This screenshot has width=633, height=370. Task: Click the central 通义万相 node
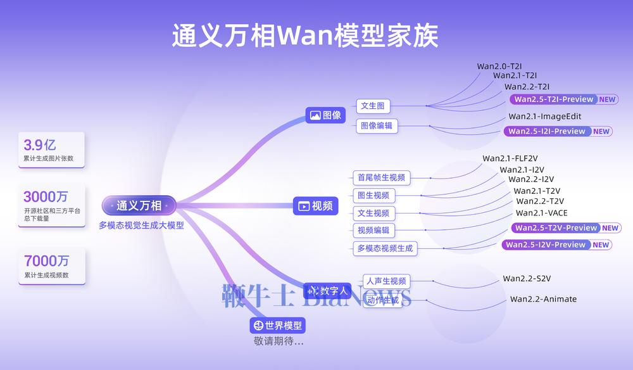click(139, 205)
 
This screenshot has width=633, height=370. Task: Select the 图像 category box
click(326, 115)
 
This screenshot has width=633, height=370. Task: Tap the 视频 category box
click(315, 206)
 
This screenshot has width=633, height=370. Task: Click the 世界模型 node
click(278, 326)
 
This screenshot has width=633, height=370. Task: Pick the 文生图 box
click(373, 106)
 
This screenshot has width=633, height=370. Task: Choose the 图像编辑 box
click(376, 125)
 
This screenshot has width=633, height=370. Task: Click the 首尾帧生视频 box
click(380, 177)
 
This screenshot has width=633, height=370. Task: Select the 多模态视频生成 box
click(385, 248)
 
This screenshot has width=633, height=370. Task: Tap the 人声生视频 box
click(386, 281)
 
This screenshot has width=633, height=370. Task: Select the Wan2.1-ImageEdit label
click(544, 117)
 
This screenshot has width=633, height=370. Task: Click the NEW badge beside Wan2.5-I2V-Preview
click(601, 245)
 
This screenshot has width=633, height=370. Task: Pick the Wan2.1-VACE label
click(541, 213)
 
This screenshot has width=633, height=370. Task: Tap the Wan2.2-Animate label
click(543, 299)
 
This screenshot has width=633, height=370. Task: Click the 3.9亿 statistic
click(40, 144)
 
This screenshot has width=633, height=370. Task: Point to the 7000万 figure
click(46, 260)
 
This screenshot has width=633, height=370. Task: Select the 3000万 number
click(46, 196)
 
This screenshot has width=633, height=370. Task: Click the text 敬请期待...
click(279, 341)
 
